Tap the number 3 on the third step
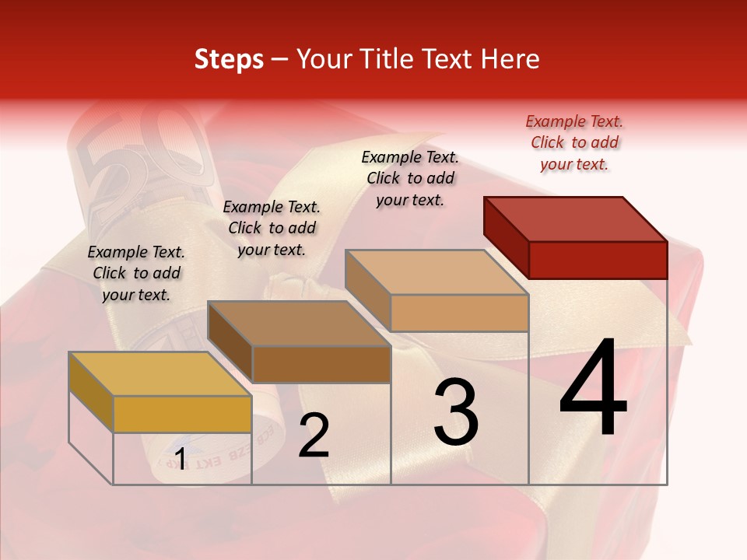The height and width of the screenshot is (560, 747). (456, 411)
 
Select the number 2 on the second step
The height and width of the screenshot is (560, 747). (314, 436)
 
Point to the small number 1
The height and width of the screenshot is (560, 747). (180, 459)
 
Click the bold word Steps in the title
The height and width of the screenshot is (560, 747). (229, 59)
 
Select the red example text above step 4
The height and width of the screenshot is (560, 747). (574, 142)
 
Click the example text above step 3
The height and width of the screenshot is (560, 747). (411, 178)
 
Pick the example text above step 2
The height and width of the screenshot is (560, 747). (272, 228)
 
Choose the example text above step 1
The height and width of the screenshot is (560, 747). (136, 273)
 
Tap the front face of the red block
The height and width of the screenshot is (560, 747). (598, 260)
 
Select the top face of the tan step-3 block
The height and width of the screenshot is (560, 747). (437, 272)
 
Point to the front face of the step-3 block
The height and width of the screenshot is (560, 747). (459, 313)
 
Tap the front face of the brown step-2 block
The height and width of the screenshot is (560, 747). (321, 364)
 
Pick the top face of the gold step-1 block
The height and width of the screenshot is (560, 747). (160, 374)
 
